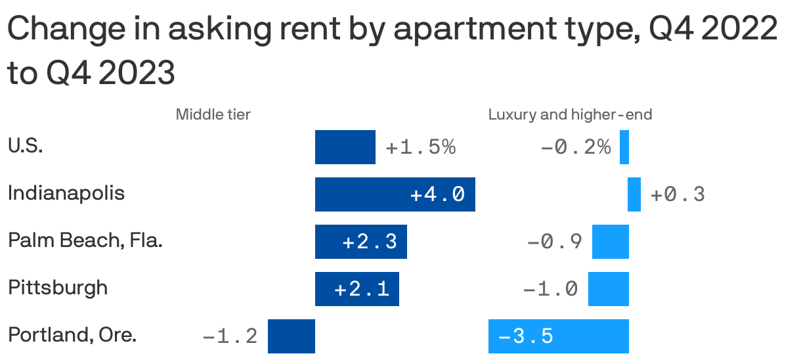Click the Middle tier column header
coord(213,115)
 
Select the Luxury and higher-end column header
coord(570,115)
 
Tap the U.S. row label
coord(26,146)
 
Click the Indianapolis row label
coord(66,194)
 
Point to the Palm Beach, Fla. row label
coord(85,241)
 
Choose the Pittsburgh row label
coord(58,288)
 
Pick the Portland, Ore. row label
coord(72,336)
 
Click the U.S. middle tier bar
coord(345,147)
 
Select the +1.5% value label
coord(421,147)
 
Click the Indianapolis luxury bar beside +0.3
coord(634,194)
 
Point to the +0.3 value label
coord(678,194)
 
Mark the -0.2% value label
coord(576,147)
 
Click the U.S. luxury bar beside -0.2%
coord(624,147)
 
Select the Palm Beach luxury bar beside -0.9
coord(611,242)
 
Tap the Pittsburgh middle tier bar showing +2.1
coord(357,289)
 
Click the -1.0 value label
coord(551,289)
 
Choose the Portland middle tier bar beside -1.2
coord(292,336)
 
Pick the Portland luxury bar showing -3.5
coord(559,336)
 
